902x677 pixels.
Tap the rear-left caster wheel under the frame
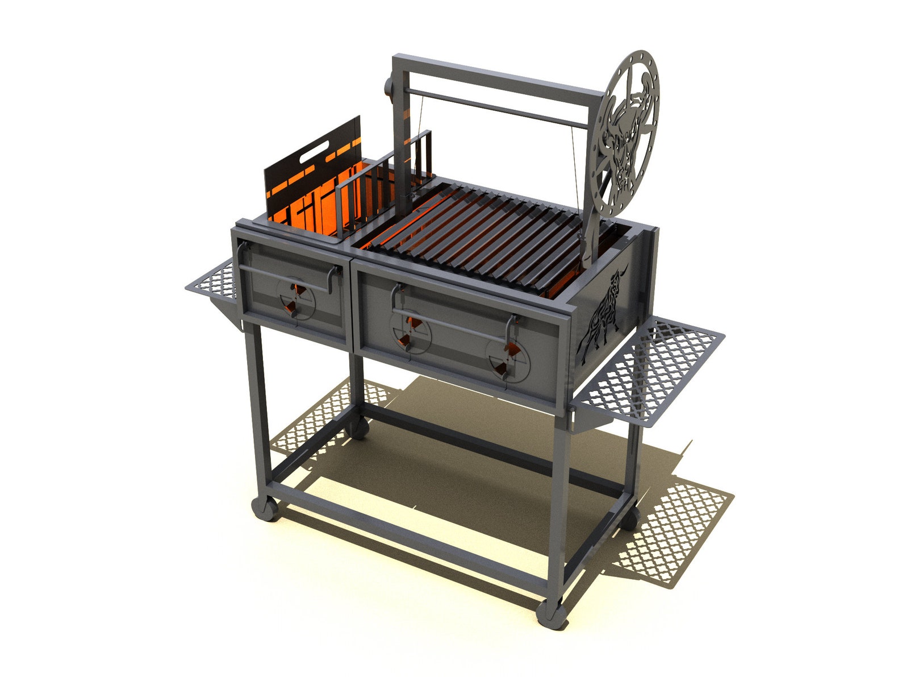click(x=358, y=427)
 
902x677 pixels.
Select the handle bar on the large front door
click(x=449, y=324)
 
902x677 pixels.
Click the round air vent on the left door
click(x=295, y=298)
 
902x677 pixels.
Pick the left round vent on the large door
click(x=411, y=333)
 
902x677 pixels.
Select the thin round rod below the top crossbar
click(x=494, y=108)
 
